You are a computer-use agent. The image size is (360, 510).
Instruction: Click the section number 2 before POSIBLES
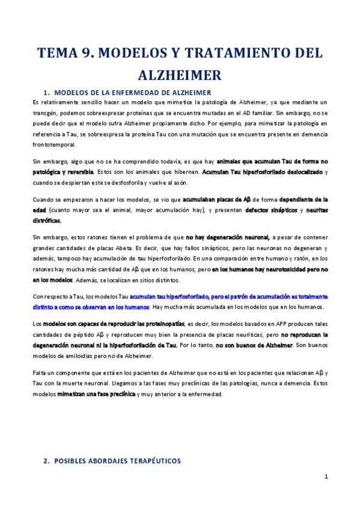click(x=46, y=461)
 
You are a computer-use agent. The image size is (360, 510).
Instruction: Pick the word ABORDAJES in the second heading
click(x=111, y=461)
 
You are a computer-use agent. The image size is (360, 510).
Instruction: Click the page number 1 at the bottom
click(x=325, y=476)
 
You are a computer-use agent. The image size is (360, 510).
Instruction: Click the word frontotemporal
click(x=54, y=145)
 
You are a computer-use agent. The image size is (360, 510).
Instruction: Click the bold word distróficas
click(x=49, y=220)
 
